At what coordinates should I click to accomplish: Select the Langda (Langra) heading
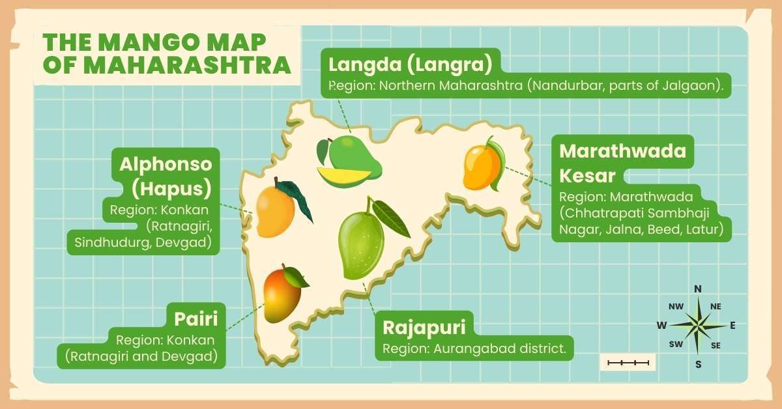click(409, 64)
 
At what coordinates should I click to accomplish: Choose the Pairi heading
click(195, 319)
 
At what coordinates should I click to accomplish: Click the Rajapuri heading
click(428, 328)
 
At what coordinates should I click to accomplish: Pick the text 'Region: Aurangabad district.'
click(474, 348)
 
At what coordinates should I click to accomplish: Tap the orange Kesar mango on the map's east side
click(482, 167)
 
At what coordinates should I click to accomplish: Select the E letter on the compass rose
click(732, 325)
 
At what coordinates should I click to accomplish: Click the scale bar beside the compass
click(628, 362)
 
